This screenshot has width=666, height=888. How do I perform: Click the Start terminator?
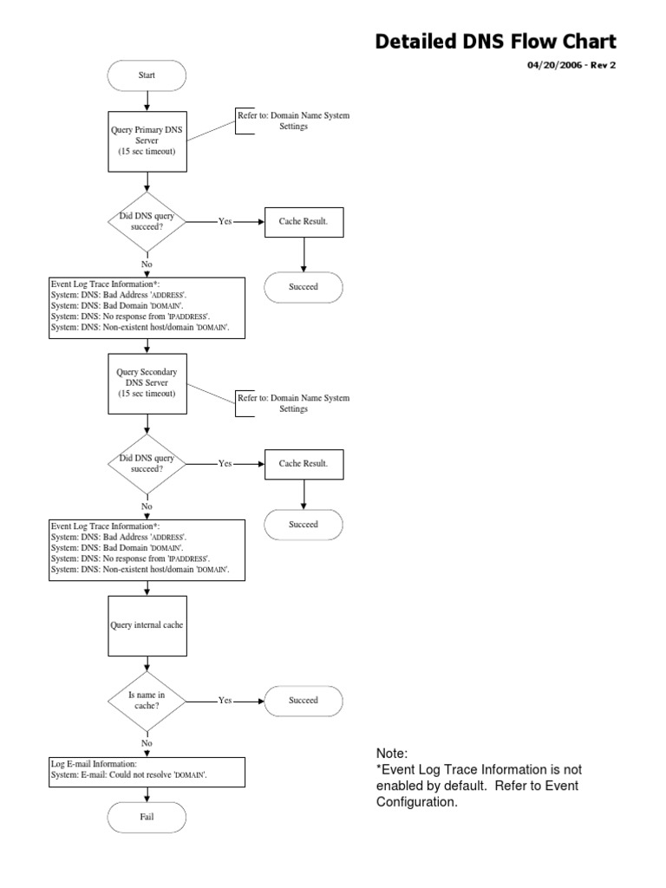147,75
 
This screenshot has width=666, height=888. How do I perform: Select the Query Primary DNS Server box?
147,140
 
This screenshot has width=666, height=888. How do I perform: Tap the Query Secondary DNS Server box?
147,382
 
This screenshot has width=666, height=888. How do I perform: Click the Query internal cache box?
147,624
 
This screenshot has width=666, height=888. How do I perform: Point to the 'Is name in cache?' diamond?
147,700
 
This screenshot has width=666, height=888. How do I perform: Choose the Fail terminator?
147,816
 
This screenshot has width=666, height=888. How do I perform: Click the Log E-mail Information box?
147,771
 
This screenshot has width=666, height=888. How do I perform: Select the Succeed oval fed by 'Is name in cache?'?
303,700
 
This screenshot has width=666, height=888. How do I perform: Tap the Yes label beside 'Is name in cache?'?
225,700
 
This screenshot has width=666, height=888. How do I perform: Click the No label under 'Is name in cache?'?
147,743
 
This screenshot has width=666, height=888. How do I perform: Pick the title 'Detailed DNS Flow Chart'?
495,41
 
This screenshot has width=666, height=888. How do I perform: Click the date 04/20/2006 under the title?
555,65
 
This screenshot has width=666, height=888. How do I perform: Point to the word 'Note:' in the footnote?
391,753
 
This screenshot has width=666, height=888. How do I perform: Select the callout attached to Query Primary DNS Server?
292,121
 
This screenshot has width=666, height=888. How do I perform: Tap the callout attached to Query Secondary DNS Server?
292,403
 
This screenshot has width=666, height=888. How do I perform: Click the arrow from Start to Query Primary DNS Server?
147,101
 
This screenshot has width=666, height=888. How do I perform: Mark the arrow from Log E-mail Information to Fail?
147,794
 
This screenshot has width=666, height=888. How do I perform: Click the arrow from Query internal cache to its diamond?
147,666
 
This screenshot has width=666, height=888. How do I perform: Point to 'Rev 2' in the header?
604,65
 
